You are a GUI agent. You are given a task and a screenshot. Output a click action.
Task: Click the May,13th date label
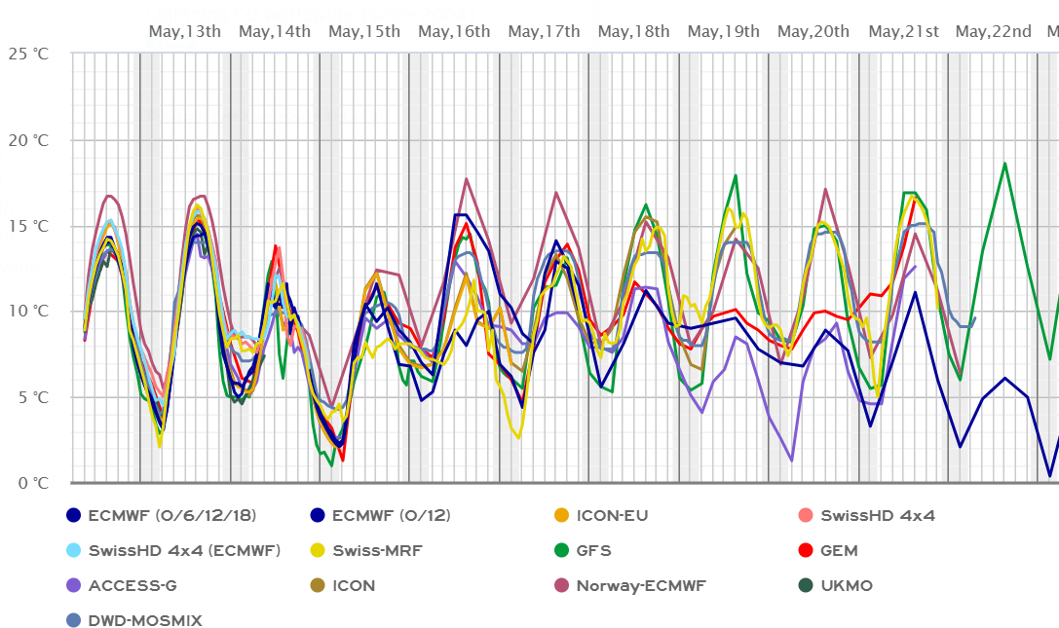pyautogui.click(x=184, y=32)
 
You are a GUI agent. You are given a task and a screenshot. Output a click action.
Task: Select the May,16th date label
pyautogui.click(x=454, y=32)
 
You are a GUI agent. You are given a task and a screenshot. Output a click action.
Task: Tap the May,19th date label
pyautogui.click(x=723, y=32)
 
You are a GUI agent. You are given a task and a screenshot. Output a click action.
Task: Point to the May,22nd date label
pyautogui.click(x=993, y=32)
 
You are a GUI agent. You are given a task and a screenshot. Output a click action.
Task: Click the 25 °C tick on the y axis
pyautogui.click(x=28, y=54)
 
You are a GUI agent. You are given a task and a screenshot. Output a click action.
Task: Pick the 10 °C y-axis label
pyautogui.click(x=28, y=312)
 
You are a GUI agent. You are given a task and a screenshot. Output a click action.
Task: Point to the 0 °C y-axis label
pyautogui.click(x=32, y=483)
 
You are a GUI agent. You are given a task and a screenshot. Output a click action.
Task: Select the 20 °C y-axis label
pyautogui.click(x=28, y=140)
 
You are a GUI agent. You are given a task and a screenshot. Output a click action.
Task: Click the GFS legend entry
pyautogui.click(x=593, y=551)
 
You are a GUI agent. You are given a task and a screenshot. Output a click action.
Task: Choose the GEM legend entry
pyautogui.click(x=838, y=551)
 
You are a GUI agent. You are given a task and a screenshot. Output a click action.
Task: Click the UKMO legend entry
pyautogui.click(x=846, y=586)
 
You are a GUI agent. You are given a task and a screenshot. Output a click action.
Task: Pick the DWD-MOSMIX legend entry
pyautogui.click(x=145, y=620)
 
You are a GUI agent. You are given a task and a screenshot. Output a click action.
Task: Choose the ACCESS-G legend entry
pyautogui.click(x=132, y=586)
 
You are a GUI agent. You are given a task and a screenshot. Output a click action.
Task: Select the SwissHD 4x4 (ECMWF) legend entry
pyautogui.click(x=184, y=551)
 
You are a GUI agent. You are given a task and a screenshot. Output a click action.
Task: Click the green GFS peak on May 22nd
pyautogui.click(x=1004, y=164)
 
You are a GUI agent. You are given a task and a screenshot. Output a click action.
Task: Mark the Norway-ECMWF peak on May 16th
pyautogui.click(x=466, y=179)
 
